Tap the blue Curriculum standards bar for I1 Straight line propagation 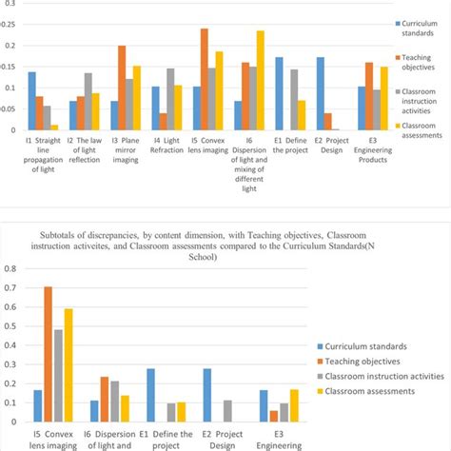click(x=32, y=101)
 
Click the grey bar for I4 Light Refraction click(x=171, y=100)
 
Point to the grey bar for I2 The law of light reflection click(x=88, y=102)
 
